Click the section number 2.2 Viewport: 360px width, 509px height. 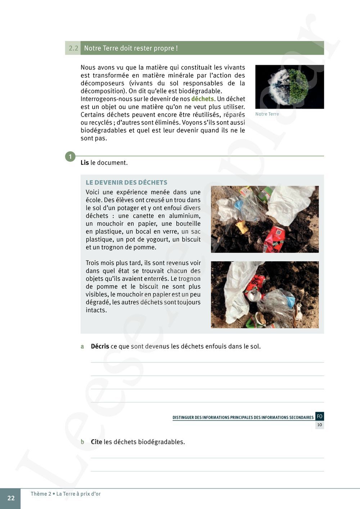pos(73,48)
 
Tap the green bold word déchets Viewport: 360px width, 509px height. pos(202,99)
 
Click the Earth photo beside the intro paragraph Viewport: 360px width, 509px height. pos(289,87)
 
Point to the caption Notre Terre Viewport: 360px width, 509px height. pos(267,114)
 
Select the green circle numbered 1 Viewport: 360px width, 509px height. pos(70,157)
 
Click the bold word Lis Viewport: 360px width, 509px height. pos(85,163)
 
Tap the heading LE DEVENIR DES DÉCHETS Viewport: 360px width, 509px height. pos(126,183)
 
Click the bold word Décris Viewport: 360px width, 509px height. pos(100,346)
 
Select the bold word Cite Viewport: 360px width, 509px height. pos(96,442)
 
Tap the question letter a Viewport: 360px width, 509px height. pos(82,346)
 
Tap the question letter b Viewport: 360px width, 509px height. pos(82,442)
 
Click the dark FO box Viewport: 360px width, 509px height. pos(320,416)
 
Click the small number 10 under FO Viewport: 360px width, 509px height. pos(320,425)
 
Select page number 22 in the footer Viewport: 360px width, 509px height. pos(11,498)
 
